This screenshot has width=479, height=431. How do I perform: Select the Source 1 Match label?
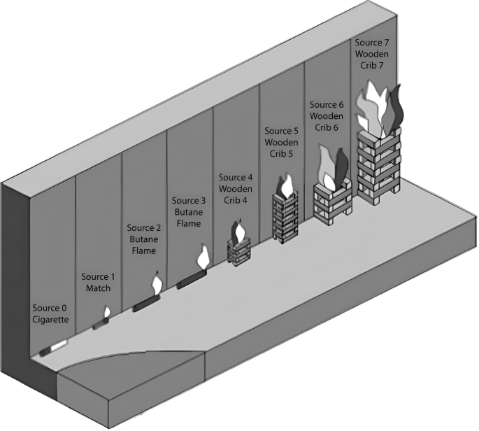tap(96, 282)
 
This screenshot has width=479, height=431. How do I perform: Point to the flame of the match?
tap(107, 313)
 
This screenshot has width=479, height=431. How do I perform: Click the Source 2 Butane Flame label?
tap(145, 239)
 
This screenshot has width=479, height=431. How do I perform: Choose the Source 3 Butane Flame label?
tap(190, 212)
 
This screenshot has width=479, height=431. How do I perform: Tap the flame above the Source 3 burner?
tap(202, 256)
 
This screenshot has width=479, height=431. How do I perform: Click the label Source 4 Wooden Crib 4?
tap(236, 189)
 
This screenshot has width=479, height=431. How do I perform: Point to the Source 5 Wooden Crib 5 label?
tap(281, 143)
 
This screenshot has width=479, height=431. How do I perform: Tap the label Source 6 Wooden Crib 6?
tap(325, 116)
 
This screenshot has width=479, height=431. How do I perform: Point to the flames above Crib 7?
tap(378, 108)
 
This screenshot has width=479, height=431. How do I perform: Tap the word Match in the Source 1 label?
tap(96, 288)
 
